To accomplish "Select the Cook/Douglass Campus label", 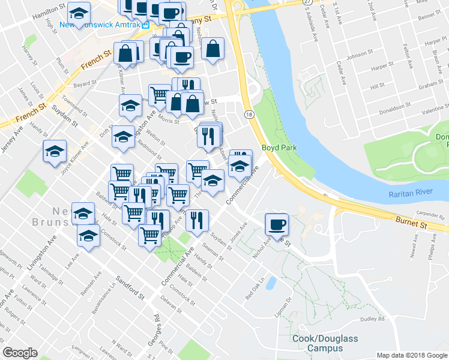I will coord(325,343).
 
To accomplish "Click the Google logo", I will coord(20,353).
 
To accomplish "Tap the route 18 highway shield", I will coord(248,113).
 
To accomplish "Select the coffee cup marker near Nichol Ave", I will coord(276,224).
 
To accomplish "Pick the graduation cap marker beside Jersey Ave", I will coord(55,151).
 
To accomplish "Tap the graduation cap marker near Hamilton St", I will coord(77,12).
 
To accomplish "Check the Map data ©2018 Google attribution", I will coord(411,355).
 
